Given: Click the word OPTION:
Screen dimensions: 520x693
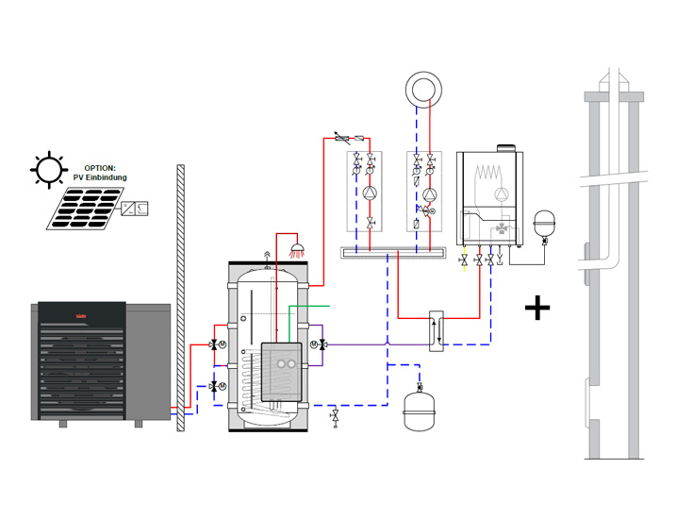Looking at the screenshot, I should click(x=99, y=167).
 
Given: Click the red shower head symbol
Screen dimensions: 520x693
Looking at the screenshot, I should click(x=298, y=250).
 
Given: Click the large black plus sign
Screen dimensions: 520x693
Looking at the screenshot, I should click(x=537, y=308).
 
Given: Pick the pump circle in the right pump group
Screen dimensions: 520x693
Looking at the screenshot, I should click(x=429, y=196).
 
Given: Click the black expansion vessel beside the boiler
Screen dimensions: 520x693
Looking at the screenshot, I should click(x=542, y=224).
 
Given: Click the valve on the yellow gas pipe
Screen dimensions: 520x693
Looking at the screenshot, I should click(x=464, y=259).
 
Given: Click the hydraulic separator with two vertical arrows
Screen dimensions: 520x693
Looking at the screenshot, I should click(x=437, y=329).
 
